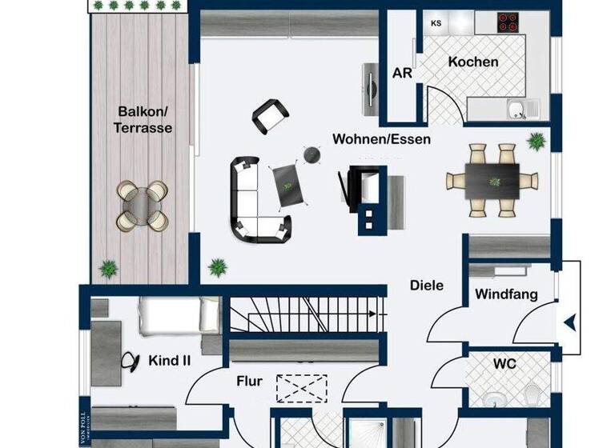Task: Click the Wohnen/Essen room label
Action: pos(382,139)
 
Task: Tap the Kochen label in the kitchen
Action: pos(473,62)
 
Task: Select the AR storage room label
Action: pos(402,72)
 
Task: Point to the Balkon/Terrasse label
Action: pos(143,119)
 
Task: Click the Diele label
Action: pos(426,285)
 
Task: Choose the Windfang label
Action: pos(506,294)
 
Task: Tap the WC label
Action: pos(504,363)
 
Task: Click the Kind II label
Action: pos(169,361)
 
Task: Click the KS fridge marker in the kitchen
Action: pos(436,23)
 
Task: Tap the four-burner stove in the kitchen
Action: pos(508,22)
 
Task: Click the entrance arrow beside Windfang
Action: pos(569,322)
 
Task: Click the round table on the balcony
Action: pos(143,205)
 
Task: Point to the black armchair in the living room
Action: pos(270,117)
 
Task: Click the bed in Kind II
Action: pos(179,315)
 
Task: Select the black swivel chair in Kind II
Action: pos(129,362)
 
